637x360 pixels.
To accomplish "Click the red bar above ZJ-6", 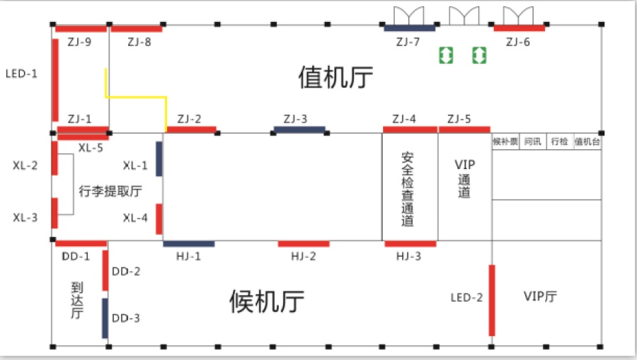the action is [x=520, y=28].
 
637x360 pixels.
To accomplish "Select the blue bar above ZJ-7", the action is [x=410, y=28].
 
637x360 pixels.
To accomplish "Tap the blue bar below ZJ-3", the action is [x=299, y=130].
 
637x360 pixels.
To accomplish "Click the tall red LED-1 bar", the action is [x=55, y=80].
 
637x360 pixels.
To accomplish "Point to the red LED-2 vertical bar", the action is [x=492, y=301].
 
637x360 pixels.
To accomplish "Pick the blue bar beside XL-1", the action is [x=159, y=158].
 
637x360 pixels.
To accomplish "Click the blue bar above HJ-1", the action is [x=189, y=243].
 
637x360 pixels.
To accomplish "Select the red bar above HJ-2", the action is [x=304, y=243].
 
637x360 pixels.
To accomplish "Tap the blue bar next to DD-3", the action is [x=105, y=318].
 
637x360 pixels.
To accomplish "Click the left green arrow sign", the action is [x=446, y=55].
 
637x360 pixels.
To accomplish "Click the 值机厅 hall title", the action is [x=335, y=77].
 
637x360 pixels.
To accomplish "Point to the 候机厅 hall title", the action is [x=267, y=301].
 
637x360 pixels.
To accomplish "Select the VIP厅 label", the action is [x=540, y=296].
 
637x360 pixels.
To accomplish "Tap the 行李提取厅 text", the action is [x=110, y=191].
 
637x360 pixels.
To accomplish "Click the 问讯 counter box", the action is [x=532, y=141].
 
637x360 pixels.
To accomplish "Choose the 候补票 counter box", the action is [x=505, y=141].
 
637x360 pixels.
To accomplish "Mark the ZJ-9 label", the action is [x=79, y=42].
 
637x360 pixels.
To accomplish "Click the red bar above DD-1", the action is [x=81, y=243].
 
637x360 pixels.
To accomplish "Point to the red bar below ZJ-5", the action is [x=464, y=130].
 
